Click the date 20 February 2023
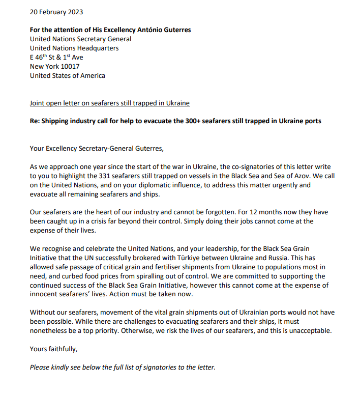click(56, 12)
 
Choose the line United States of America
click(68, 76)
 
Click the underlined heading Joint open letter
click(109, 103)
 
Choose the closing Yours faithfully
click(53, 349)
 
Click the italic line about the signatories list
click(123, 367)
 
